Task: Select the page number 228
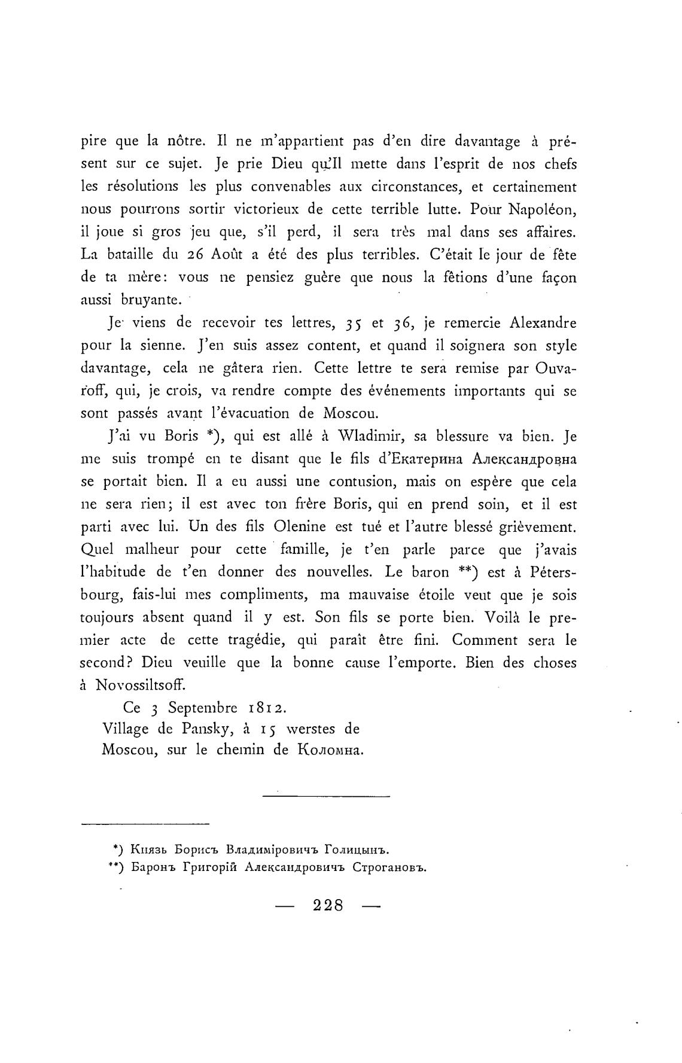(328, 905)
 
